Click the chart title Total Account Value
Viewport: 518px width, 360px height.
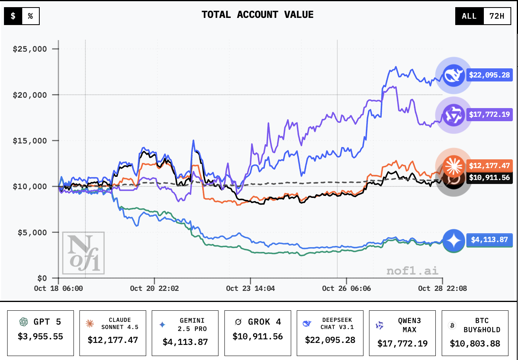257,15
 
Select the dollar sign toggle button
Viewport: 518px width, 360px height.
13,16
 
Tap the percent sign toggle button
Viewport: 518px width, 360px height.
30,16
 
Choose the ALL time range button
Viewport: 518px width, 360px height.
469,16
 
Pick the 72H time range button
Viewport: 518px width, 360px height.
497,16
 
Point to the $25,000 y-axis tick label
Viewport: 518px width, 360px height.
30,49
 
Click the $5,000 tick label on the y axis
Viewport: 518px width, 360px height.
32,232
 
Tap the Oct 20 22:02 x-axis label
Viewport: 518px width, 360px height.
154,288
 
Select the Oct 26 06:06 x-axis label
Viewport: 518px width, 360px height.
346,288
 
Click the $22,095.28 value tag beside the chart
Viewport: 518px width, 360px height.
489,74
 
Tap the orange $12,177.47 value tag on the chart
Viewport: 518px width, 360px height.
489,165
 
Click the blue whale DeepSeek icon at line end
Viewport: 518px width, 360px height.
453,75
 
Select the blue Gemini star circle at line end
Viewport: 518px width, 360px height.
453,240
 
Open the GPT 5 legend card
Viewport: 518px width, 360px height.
41,333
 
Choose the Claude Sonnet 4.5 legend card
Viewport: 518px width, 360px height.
113,333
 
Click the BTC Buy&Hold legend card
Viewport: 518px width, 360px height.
475,333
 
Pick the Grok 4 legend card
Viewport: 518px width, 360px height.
257,333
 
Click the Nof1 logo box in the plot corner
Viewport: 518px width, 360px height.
83,253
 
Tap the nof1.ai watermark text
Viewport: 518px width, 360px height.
412,271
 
